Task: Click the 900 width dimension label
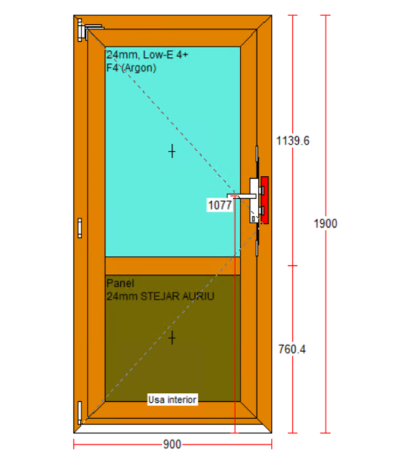(x=172, y=445)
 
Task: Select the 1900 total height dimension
(x=325, y=223)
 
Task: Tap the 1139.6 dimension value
(x=293, y=141)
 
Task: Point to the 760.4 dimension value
(x=292, y=349)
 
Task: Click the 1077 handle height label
(x=220, y=205)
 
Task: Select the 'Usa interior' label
(x=173, y=400)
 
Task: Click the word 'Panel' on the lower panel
(x=120, y=283)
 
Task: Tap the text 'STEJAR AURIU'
(x=177, y=296)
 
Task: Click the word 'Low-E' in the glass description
(x=158, y=55)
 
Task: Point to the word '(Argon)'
(x=139, y=69)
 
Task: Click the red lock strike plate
(x=264, y=200)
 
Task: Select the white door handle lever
(x=241, y=196)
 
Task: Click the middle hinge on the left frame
(x=79, y=228)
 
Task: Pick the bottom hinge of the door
(x=79, y=412)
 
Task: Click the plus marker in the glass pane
(x=172, y=152)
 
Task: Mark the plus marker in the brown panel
(x=172, y=337)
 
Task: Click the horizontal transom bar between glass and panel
(x=173, y=266)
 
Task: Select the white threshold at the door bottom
(x=173, y=429)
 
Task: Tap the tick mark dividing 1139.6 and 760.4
(x=292, y=266)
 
